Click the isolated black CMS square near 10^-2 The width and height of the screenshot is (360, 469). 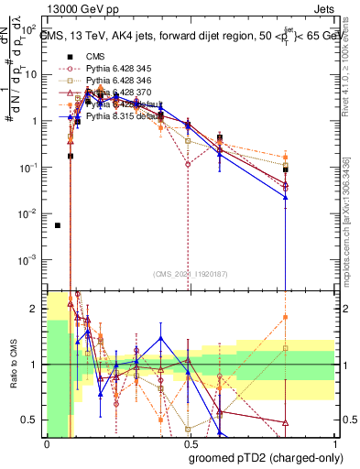pyautogui.click(x=58, y=225)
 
